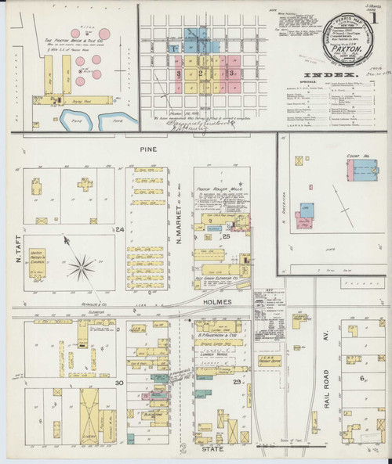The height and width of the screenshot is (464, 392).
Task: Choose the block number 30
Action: coord(120,382)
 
